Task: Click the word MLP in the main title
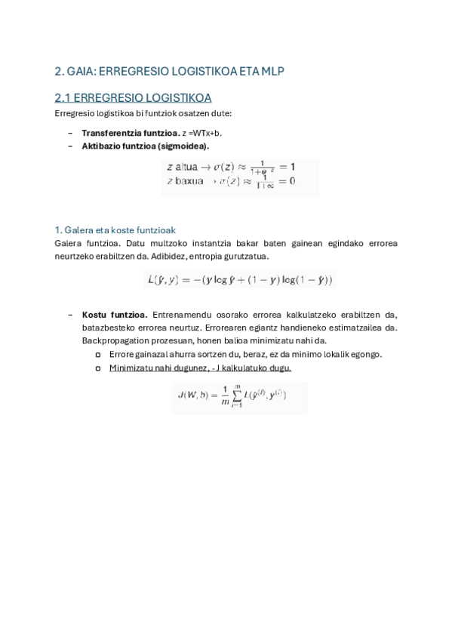click(272, 72)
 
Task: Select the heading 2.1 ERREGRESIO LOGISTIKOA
click(133, 98)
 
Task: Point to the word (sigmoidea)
click(183, 146)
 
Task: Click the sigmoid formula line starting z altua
click(230, 166)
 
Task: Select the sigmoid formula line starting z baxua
click(230, 181)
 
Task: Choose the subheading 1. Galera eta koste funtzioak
click(115, 229)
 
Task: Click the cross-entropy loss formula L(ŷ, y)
click(238, 280)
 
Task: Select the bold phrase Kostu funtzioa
click(115, 315)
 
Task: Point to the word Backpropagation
click(112, 340)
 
